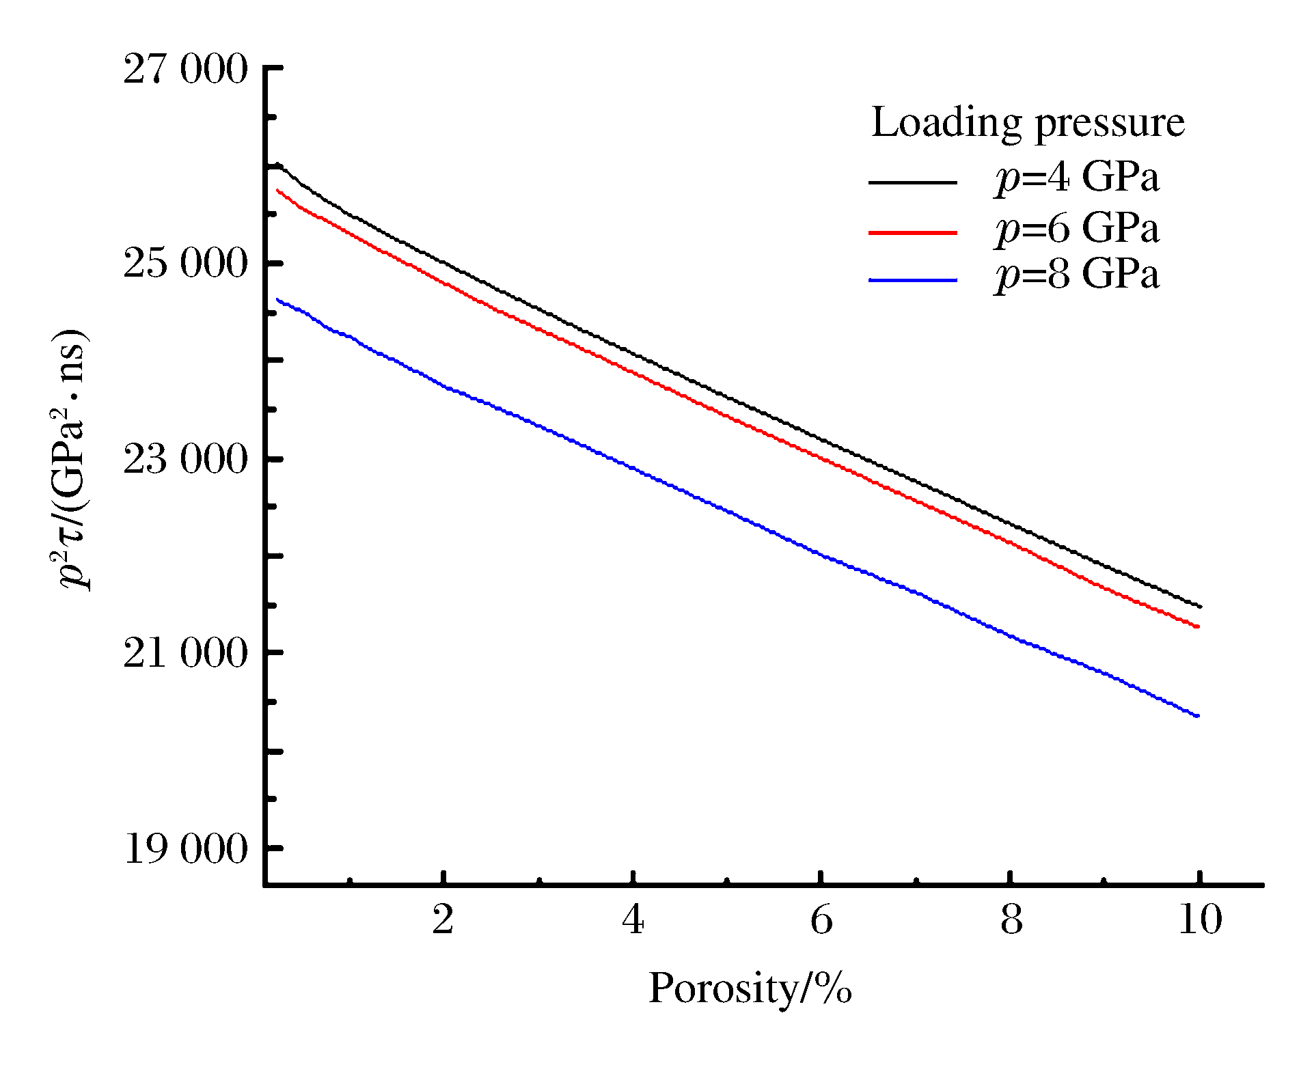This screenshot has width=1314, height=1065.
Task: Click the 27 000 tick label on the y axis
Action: [x=184, y=70]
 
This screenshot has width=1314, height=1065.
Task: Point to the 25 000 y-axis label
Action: [x=184, y=264]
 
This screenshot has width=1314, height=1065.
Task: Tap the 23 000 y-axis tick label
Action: [x=184, y=459]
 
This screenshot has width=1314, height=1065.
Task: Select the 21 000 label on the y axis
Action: [x=184, y=654]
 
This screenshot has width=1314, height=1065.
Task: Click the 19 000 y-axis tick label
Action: [x=184, y=849]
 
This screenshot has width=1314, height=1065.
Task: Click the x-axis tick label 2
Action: [x=443, y=919]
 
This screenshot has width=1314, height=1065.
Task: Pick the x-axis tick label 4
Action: [x=633, y=919]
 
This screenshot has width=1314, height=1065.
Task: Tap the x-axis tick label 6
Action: [x=822, y=919]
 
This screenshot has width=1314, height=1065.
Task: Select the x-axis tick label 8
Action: [x=1011, y=919]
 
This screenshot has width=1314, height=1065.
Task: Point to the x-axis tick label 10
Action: [x=1201, y=919]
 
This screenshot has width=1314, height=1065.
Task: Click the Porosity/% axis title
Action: [x=750, y=988]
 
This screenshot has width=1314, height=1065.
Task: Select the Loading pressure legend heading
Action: [x=1028, y=123]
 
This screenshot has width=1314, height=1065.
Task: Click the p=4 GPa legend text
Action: [x=1077, y=178]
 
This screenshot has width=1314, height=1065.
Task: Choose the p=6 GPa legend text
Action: [x=1077, y=228]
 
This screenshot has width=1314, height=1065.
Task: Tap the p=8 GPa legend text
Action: [x=1077, y=275]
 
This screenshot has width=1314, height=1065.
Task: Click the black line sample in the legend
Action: [x=912, y=182]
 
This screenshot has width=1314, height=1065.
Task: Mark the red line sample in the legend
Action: [x=912, y=233]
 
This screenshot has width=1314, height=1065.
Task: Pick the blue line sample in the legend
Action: [x=912, y=280]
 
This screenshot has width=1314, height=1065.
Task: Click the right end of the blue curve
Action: [x=1198, y=716]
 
